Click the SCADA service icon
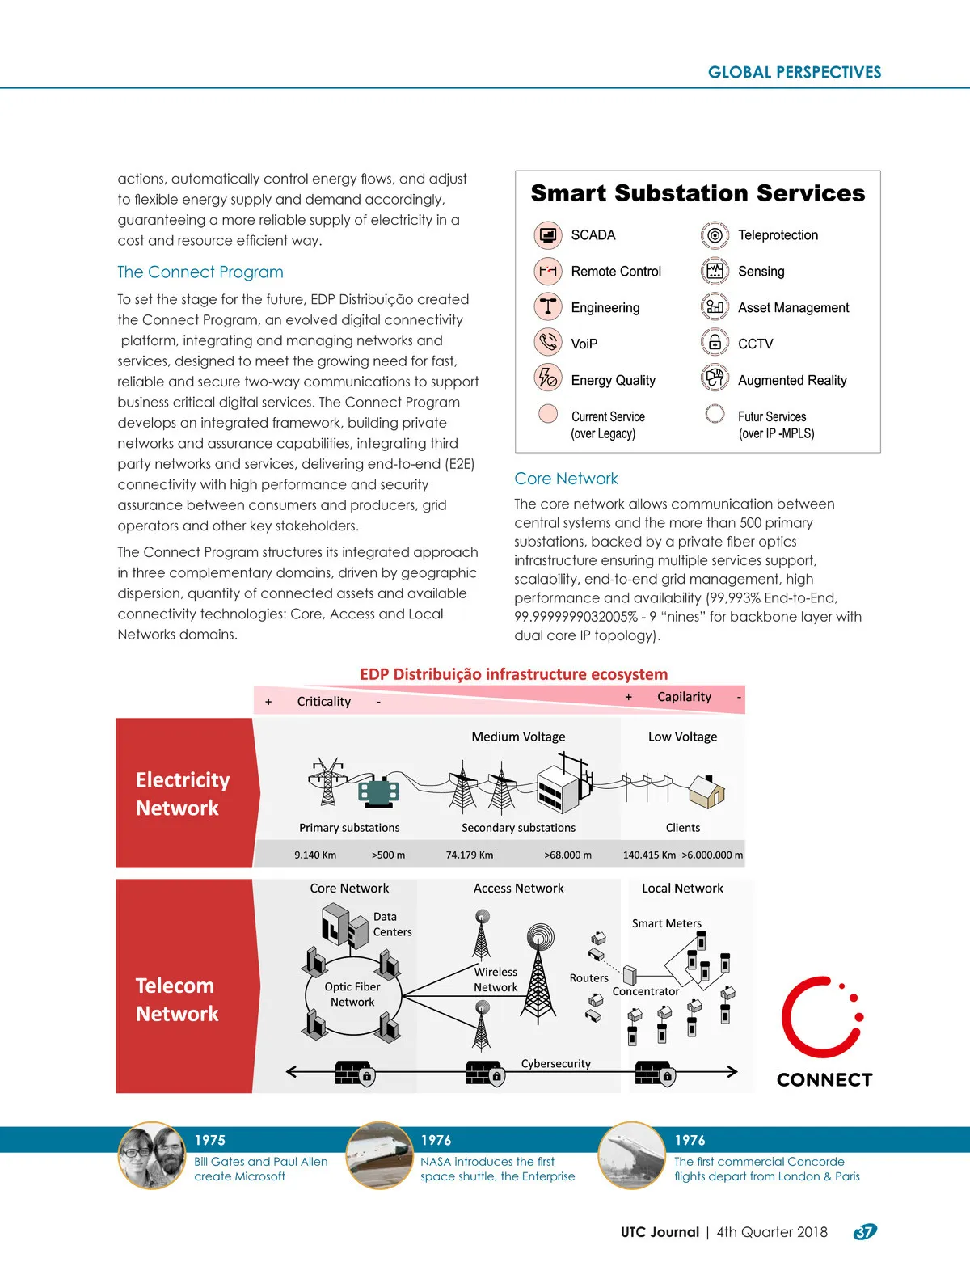(548, 235)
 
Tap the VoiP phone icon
(548, 343)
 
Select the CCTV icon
(715, 343)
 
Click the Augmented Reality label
(792, 380)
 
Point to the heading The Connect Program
(200, 272)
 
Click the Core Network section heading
(566, 479)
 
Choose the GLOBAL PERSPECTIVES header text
(795, 72)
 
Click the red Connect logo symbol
(820, 1017)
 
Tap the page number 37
(865, 1232)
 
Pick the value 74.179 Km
(469, 855)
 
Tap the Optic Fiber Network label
(352, 994)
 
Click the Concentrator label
(646, 991)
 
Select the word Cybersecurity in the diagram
(555, 1063)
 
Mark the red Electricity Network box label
(183, 794)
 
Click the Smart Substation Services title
(698, 193)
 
